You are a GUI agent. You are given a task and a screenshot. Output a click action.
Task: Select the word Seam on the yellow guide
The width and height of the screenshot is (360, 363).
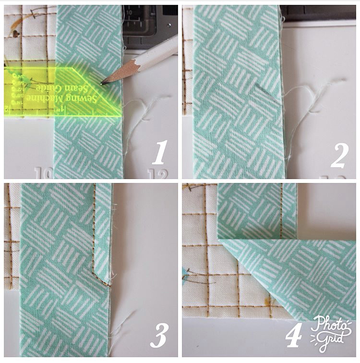click(x=84, y=89)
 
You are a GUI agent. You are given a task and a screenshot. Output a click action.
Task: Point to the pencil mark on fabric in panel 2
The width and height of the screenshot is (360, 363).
click(x=263, y=89)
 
